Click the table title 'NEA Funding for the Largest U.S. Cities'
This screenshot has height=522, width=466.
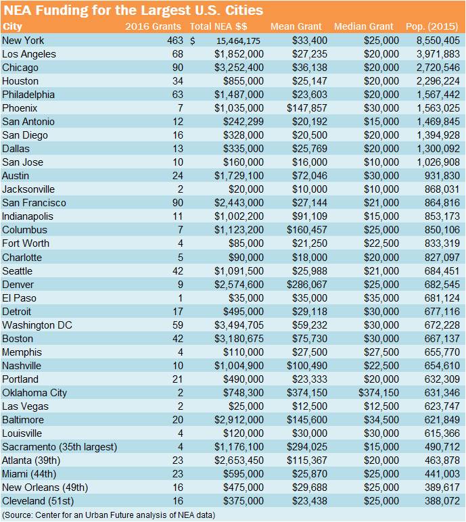(133, 11)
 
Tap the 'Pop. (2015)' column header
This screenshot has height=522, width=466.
(433, 26)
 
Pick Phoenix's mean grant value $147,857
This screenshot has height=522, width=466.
(309, 108)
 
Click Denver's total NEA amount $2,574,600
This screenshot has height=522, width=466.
(239, 284)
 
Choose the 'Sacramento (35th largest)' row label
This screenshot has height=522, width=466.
(60, 447)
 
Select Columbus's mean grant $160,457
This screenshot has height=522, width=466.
(309, 230)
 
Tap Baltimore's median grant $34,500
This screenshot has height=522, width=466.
(380, 420)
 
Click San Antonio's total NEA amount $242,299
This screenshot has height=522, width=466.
(242, 122)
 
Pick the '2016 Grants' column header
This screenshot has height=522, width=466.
(154, 26)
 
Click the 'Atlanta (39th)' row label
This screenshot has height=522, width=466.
(35, 460)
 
